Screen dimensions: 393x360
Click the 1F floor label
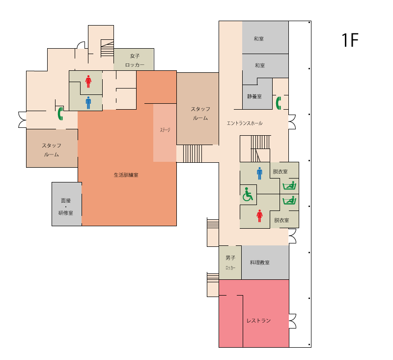[350, 40]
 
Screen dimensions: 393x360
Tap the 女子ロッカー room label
[135, 60]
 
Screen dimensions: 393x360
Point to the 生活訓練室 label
[126, 175]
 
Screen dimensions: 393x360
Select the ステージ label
[165, 130]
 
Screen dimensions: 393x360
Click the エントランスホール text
[244, 123]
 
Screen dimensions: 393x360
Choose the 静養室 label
[254, 96]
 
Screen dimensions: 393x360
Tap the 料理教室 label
[260, 263]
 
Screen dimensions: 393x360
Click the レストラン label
[259, 321]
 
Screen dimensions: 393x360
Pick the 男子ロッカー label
[230, 263]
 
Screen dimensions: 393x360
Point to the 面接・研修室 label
[66, 207]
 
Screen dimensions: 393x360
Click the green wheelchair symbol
[248, 194]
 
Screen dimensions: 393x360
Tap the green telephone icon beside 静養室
[279, 103]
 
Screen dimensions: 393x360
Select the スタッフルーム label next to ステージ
[200, 114]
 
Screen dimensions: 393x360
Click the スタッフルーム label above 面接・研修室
[52, 150]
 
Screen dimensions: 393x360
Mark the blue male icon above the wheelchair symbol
[259, 174]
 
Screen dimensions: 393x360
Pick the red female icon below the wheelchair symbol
[259, 216]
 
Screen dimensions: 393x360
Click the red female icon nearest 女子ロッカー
[88, 82]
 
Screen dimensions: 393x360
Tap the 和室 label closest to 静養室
[260, 65]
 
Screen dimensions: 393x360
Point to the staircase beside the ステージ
[192, 153]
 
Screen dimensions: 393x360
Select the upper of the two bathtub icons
[289, 185]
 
